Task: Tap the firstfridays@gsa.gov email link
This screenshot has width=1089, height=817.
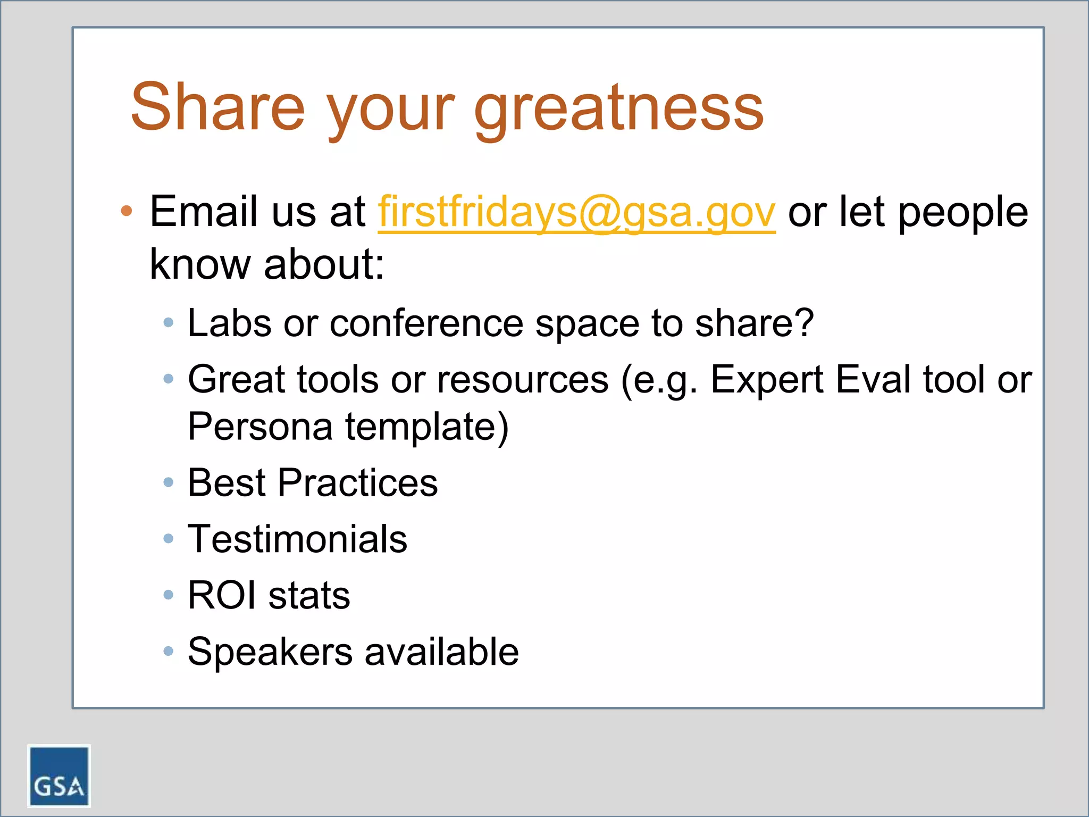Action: tap(576, 212)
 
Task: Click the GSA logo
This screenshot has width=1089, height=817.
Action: tap(58, 776)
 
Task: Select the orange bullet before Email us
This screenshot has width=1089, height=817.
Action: tap(126, 211)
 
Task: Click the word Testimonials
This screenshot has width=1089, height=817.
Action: tap(297, 539)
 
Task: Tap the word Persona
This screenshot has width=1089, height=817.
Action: tap(260, 426)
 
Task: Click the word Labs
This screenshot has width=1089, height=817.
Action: tap(229, 323)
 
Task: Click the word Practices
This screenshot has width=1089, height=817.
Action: tap(357, 482)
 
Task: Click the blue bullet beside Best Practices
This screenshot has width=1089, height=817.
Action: tap(169, 482)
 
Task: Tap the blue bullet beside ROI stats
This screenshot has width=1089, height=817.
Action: tap(169, 595)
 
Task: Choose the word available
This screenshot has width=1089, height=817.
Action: tap(441, 652)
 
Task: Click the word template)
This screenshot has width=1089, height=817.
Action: tap(427, 426)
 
